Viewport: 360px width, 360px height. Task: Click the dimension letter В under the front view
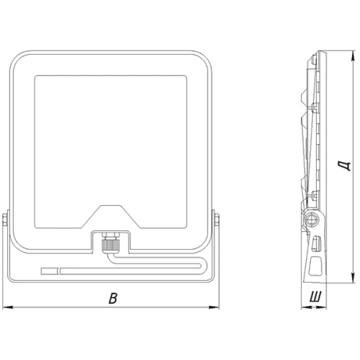tap(113, 298)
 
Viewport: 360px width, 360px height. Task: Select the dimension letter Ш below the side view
tap(315, 297)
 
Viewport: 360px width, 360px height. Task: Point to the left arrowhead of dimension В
tap(6, 307)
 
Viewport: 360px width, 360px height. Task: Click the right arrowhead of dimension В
tap(214, 307)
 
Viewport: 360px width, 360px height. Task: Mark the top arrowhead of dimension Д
tap(352, 55)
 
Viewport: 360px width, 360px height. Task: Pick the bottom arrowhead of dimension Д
tap(352, 278)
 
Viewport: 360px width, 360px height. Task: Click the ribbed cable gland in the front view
tap(111, 245)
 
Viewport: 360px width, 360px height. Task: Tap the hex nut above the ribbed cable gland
tap(111, 235)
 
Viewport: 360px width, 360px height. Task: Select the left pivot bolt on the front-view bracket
tap(4, 220)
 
